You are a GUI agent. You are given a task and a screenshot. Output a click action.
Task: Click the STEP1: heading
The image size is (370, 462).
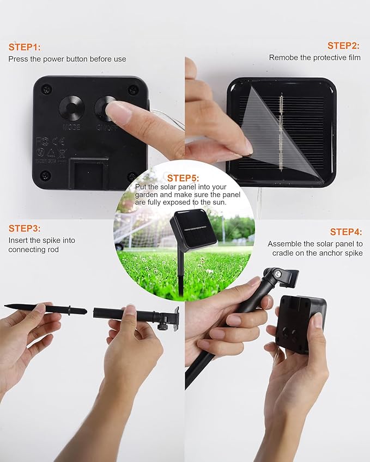pyautogui.click(x=25, y=47)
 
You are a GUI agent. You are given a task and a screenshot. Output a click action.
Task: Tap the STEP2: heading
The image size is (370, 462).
pyautogui.click(x=343, y=46)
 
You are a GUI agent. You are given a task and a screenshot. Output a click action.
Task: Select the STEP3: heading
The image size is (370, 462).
pyautogui.click(x=25, y=229)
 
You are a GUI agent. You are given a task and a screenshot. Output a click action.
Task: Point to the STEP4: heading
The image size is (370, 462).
pyautogui.click(x=346, y=232)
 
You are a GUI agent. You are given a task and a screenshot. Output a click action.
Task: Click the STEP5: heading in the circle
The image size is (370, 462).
pyautogui.click(x=183, y=178)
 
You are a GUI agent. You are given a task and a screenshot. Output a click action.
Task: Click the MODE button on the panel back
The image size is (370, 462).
pyautogui.click(x=72, y=108)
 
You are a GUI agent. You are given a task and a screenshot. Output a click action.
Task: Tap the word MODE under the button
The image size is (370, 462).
pyautogui.click(x=71, y=127)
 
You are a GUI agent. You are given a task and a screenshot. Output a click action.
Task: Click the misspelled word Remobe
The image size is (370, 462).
pyautogui.click(x=283, y=58)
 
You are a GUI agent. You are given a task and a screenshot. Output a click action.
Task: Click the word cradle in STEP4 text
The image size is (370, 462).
pyautogui.click(x=282, y=253)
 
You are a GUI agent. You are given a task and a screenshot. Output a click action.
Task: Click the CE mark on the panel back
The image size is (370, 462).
pyautogui.click(x=58, y=141)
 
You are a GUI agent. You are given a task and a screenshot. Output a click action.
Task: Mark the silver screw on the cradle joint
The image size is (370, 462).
pyautogui.click(x=277, y=275)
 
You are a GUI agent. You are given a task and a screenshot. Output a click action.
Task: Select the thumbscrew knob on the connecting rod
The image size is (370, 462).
pyautogui.click(x=162, y=325)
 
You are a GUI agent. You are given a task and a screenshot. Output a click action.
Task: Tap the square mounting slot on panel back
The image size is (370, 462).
pyautogui.click(x=88, y=173)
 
